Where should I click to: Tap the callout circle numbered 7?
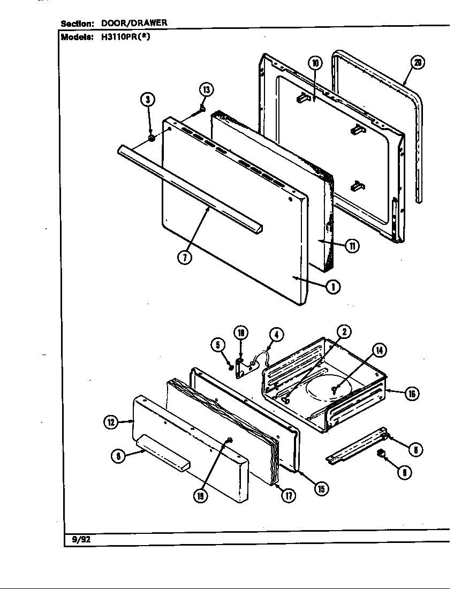click(184, 256)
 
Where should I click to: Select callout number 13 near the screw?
click(206, 89)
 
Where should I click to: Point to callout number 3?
click(148, 100)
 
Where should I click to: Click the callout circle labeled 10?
click(315, 63)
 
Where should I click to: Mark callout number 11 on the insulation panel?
click(352, 246)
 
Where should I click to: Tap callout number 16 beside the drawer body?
click(411, 394)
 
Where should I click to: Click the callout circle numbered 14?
click(379, 351)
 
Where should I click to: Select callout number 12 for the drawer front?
click(111, 422)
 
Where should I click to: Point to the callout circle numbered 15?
click(321, 488)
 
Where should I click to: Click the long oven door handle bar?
click(190, 187)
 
